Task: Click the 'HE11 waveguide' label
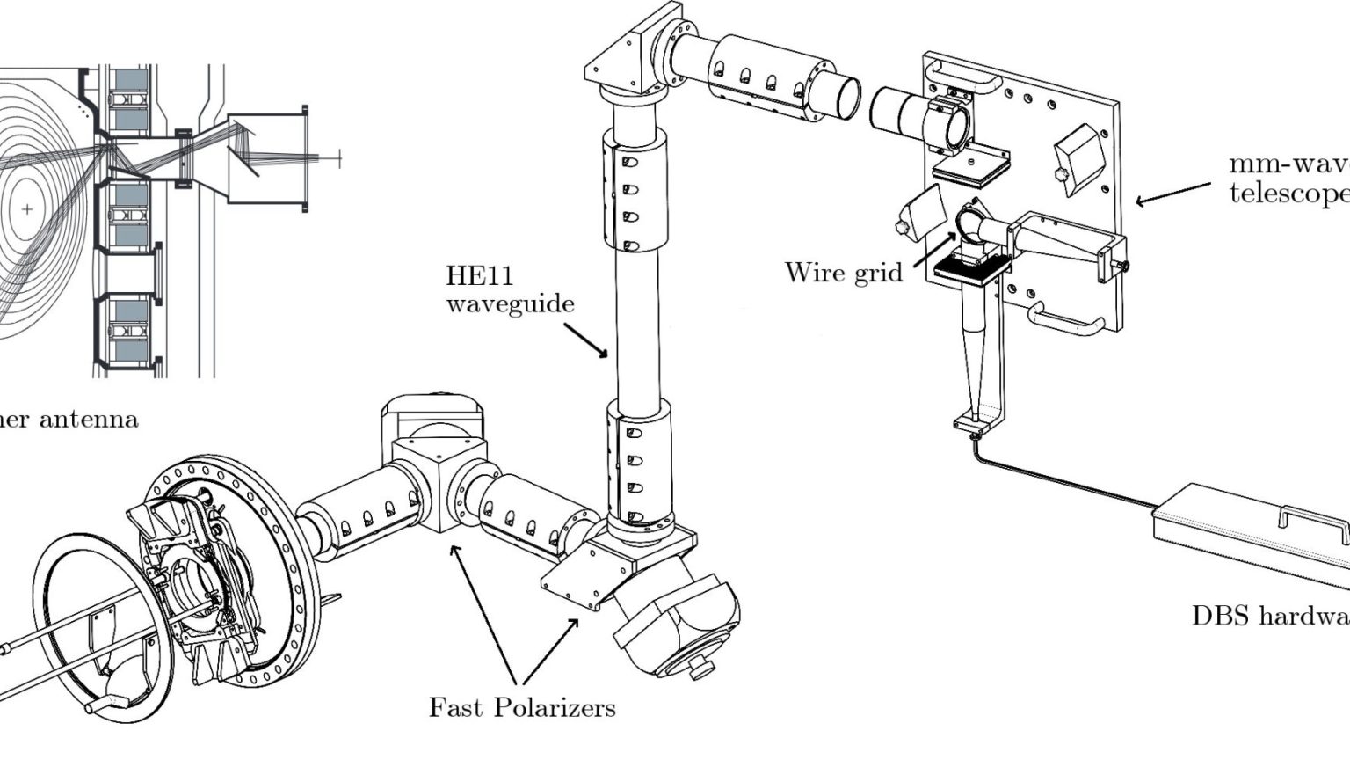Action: pyautogui.click(x=510, y=289)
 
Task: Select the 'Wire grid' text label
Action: pyautogui.click(x=843, y=272)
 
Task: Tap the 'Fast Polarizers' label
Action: pyautogui.click(x=522, y=706)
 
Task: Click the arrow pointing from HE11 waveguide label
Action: pyautogui.click(x=584, y=339)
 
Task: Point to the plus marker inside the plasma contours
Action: pyautogui.click(x=27, y=209)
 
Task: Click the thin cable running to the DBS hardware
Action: pyautogui.click(x=1063, y=475)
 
